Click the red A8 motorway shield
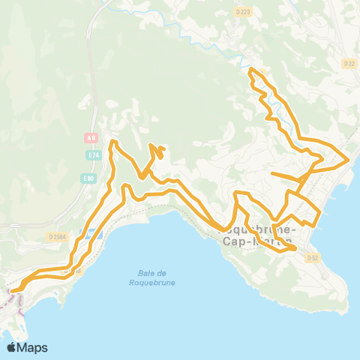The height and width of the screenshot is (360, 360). click(91, 138)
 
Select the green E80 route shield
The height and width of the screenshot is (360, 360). click(89, 178)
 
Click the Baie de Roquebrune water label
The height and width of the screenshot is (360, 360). click(141, 277)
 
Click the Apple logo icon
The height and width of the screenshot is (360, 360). click(13, 347)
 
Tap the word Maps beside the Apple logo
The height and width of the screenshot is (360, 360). click(33, 347)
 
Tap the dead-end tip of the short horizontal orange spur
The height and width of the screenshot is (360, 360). click(271, 174)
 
